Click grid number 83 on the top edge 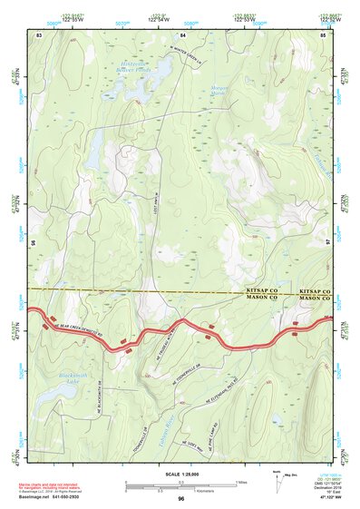(38, 34)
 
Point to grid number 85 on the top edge (323, 34)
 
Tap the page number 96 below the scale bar (181, 499)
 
